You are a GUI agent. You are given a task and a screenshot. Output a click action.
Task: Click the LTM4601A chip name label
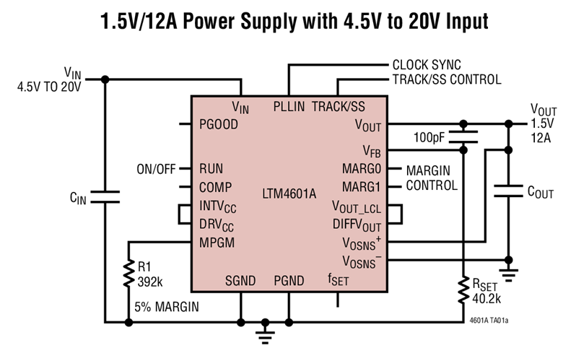(289, 194)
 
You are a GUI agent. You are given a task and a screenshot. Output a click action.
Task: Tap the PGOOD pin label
(218, 123)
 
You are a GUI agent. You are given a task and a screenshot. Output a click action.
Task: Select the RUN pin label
(212, 169)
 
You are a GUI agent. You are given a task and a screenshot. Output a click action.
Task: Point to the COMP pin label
(215, 187)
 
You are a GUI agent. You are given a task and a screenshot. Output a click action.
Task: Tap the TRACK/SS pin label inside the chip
(339, 107)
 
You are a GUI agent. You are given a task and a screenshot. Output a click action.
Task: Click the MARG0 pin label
(361, 169)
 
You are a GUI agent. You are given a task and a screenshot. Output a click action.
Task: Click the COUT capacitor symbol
(509, 191)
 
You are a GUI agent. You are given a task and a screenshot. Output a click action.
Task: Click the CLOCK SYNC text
(426, 65)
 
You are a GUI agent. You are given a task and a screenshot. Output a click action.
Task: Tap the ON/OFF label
(156, 170)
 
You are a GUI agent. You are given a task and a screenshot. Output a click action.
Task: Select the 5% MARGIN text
(167, 306)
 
